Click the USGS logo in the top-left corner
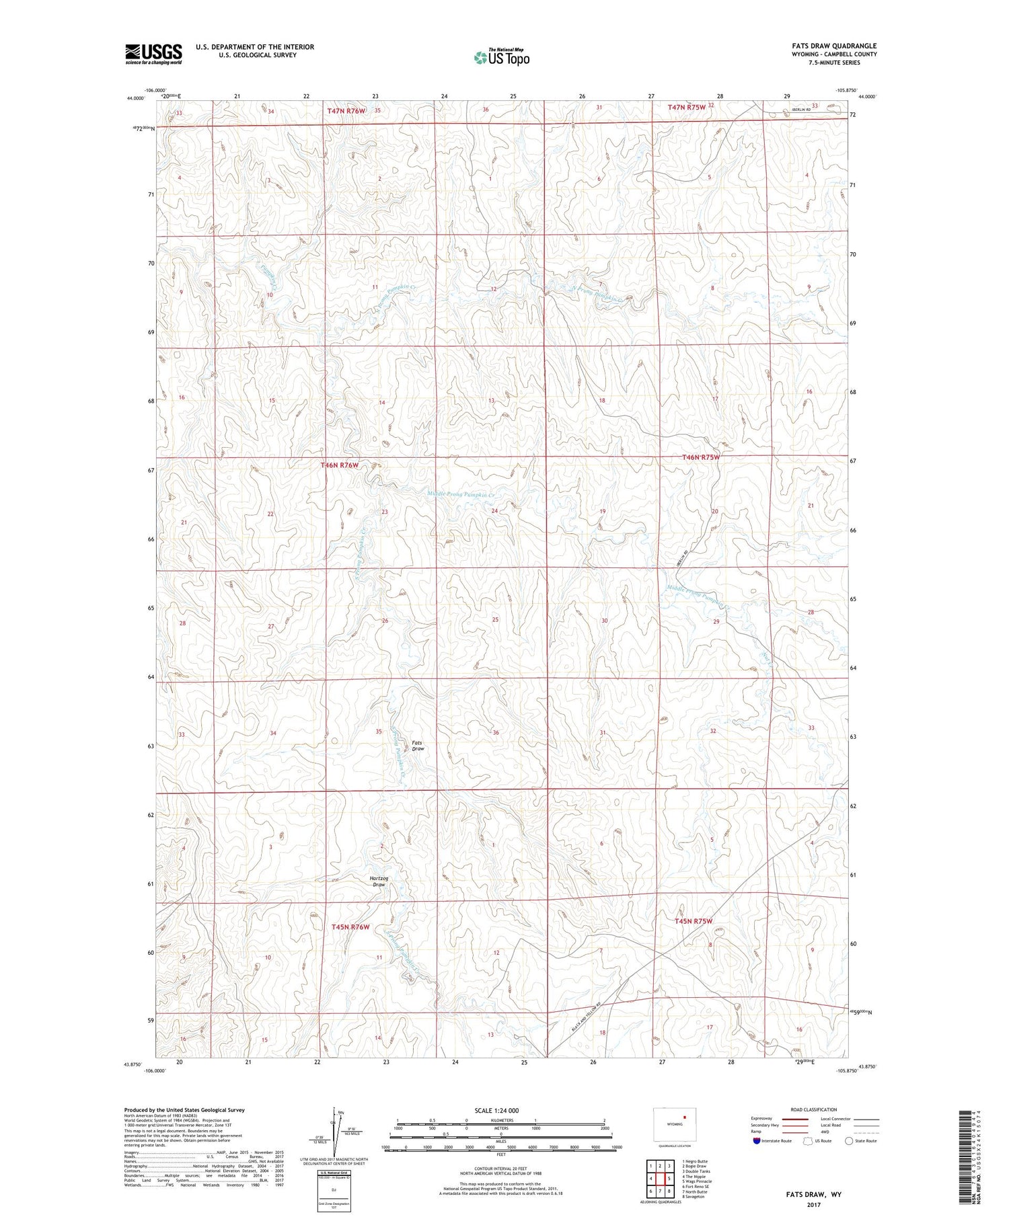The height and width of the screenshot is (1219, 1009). coord(153,54)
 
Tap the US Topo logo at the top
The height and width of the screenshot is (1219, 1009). coord(501,58)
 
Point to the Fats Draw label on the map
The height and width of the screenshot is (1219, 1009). coord(418,746)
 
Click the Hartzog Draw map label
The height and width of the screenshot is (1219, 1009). coord(379,881)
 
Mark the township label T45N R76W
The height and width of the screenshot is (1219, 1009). coord(350,927)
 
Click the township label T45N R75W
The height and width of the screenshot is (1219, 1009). coord(693,921)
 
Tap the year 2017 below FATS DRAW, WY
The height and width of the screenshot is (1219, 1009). coord(813,1205)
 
